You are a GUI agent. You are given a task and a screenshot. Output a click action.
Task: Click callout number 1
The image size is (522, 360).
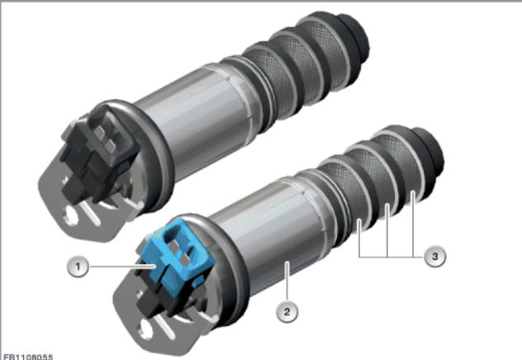click(x=78, y=267)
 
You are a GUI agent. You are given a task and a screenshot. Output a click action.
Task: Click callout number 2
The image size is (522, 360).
click(x=287, y=312)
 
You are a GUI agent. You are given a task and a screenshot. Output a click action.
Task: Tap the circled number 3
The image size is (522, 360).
click(x=434, y=256)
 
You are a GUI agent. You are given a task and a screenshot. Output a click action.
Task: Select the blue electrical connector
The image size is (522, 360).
click(x=178, y=249)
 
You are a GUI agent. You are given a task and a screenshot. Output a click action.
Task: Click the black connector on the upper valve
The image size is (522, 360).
click(x=100, y=153)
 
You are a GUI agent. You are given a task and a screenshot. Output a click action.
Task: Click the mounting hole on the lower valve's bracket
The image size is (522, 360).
click(x=146, y=329)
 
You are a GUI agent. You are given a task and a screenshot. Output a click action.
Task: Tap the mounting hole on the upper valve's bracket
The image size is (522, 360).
click(x=71, y=216)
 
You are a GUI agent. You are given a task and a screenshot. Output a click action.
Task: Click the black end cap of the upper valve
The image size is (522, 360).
click(x=355, y=38)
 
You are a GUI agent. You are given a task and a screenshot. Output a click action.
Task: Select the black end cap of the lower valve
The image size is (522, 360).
click(x=430, y=153)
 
